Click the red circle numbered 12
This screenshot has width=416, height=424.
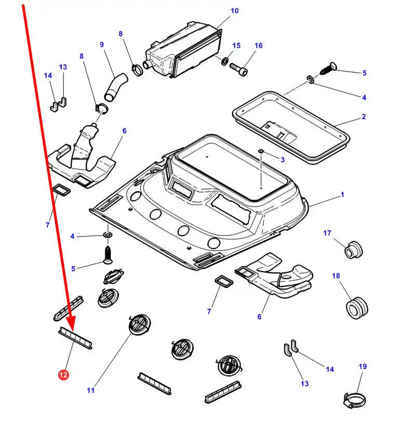click(x=63, y=374)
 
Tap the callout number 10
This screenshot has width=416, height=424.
click(x=234, y=11)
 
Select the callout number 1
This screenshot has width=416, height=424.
click(x=342, y=195)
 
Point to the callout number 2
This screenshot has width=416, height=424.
click(x=364, y=117)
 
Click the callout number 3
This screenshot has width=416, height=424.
click(x=282, y=159)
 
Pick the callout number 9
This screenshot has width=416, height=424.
click(x=102, y=45)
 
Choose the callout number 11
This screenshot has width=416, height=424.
click(x=91, y=391)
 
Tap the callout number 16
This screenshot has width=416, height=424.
click(x=259, y=46)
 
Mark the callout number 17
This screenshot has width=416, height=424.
click(x=327, y=233)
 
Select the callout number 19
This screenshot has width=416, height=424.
click(x=363, y=366)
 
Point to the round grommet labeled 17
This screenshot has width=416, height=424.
click(x=353, y=249)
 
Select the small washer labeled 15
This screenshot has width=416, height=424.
click(x=224, y=62)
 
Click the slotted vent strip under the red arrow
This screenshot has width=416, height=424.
click(x=76, y=338)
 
